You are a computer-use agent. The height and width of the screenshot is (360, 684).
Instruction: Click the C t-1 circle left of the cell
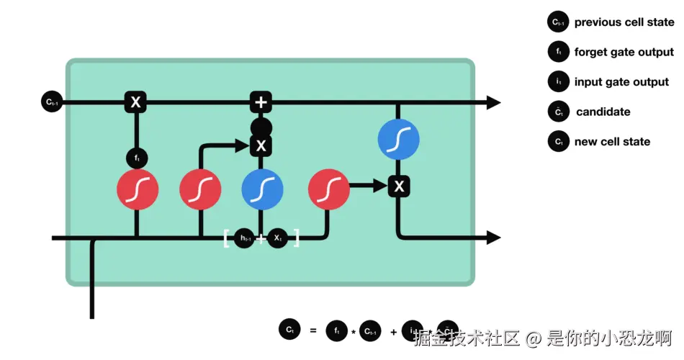coord(52,102)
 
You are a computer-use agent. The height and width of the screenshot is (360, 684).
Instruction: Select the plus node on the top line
coord(261,102)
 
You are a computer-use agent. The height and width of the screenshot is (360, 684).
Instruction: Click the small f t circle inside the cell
coord(136,156)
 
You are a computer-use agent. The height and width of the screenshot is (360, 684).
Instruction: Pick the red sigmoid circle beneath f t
coord(138,189)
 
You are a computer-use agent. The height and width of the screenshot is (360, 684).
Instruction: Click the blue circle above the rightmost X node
coord(398,140)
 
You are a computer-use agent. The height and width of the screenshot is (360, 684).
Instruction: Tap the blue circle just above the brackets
coord(262,189)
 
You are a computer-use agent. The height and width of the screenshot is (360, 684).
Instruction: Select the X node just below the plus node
coord(261,146)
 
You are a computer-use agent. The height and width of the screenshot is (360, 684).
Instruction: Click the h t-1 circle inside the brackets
coord(245,238)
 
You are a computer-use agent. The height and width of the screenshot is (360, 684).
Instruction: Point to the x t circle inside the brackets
coord(278,238)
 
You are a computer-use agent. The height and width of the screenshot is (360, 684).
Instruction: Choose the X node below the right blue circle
coord(399,186)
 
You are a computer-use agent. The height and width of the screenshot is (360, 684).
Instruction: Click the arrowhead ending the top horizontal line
coord(493,102)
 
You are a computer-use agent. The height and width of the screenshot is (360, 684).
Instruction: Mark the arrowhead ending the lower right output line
coord(493,238)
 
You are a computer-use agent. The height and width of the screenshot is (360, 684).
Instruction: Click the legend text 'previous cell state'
coord(624,22)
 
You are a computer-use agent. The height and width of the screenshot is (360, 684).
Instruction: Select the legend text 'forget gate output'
coord(624,52)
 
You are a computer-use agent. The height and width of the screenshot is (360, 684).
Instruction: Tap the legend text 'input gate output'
coord(621,82)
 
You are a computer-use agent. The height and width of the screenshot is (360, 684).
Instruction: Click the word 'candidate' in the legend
coord(603,112)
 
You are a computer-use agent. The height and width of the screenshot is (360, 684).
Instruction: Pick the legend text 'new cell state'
coord(612,142)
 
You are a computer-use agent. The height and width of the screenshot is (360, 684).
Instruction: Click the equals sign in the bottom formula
coord(312,330)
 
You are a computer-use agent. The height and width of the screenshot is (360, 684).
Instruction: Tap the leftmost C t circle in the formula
coord(289,330)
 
